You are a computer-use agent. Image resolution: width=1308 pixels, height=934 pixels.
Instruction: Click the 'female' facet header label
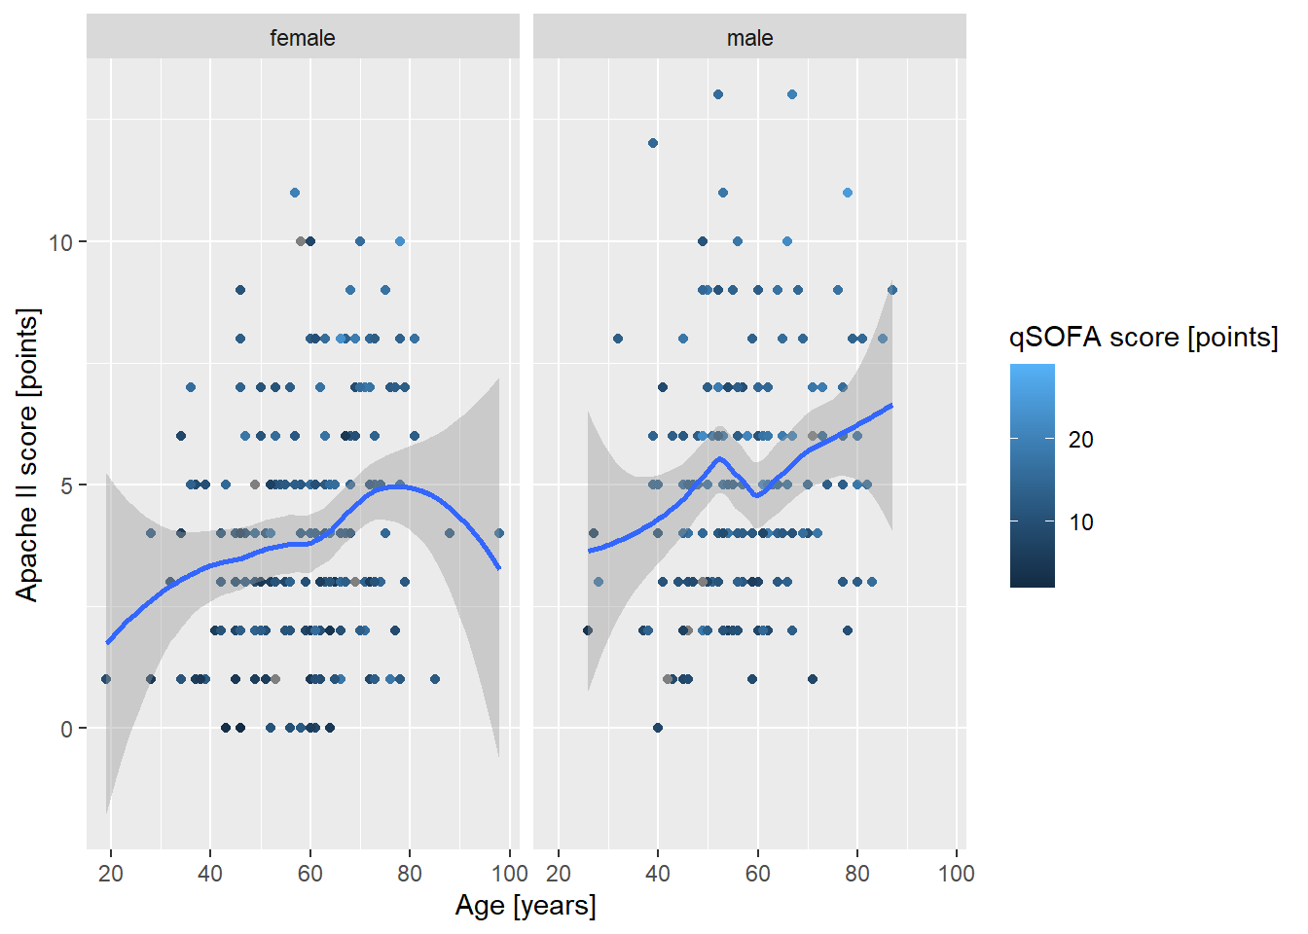pyautogui.click(x=303, y=38)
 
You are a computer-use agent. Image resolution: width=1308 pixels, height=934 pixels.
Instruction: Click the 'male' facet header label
pyautogui.click(x=749, y=38)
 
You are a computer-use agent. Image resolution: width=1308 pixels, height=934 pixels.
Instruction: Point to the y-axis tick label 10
pyautogui.click(x=61, y=242)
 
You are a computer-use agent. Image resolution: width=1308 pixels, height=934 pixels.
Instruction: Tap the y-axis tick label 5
pyautogui.click(x=67, y=485)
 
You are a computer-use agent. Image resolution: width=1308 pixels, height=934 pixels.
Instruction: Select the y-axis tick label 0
pyautogui.click(x=67, y=729)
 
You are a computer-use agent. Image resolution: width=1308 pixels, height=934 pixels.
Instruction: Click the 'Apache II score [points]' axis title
pyautogui.click(x=27, y=454)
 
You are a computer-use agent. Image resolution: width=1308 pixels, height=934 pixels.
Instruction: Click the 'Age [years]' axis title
pyautogui.click(x=526, y=906)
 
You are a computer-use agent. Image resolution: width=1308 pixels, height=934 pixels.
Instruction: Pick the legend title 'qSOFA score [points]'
pyautogui.click(x=1144, y=338)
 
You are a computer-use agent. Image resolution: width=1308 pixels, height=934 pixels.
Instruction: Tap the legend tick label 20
pyautogui.click(x=1081, y=440)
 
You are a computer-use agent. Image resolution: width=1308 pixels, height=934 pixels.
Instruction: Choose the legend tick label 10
pyautogui.click(x=1081, y=522)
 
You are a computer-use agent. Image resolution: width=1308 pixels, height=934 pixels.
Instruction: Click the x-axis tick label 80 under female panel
pyautogui.click(x=410, y=874)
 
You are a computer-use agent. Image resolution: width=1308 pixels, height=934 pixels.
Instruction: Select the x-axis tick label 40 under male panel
pyautogui.click(x=658, y=874)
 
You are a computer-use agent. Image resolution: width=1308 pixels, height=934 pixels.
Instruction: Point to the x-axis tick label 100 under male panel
pyautogui.click(x=956, y=874)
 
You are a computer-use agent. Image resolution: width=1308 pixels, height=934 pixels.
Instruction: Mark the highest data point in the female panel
pyautogui.click(x=295, y=193)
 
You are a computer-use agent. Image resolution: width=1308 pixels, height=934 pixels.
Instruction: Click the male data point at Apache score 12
pyautogui.click(x=653, y=143)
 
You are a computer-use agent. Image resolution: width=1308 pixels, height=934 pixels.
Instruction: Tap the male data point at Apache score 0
pyautogui.click(x=658, y=728)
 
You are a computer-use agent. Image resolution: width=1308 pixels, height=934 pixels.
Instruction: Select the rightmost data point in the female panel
pyautogui.click(x=499, y=533)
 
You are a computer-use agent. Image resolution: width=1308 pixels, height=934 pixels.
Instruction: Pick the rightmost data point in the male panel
pyautogui.click(x=892, y=290)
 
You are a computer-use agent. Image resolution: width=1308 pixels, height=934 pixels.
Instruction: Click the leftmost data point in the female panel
pyautogui.click(x=106, y=679)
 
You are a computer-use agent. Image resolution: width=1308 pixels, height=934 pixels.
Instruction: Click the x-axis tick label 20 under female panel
pyautogui.click(x=111, y=874)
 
